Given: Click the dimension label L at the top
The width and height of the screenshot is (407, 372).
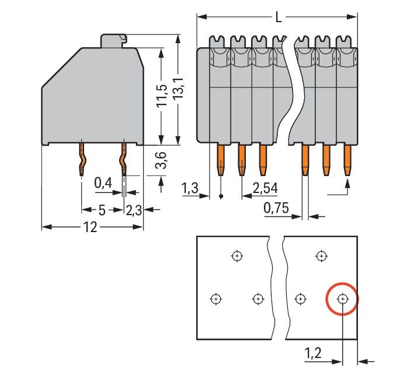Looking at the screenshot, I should (278, 17).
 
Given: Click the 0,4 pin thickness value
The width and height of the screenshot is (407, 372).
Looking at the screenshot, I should (103, 184).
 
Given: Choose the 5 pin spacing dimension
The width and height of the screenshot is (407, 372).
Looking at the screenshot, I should (102, 210).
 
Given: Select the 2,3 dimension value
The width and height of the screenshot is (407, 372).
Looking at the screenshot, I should (134, 210).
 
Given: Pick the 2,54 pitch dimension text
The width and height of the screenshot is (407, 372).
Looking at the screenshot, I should (265, 188).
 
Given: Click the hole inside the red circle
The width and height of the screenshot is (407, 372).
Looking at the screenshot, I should (342, 299).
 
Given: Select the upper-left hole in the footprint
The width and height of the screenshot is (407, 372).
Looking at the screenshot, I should (236, 255).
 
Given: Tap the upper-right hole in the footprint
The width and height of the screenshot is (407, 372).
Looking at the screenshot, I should (321, 255).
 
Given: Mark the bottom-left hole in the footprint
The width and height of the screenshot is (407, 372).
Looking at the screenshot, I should (215, 299).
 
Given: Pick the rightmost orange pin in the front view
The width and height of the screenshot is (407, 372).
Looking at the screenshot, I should (347, 160).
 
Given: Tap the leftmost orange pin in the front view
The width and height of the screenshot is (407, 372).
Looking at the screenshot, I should (221, 160).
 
